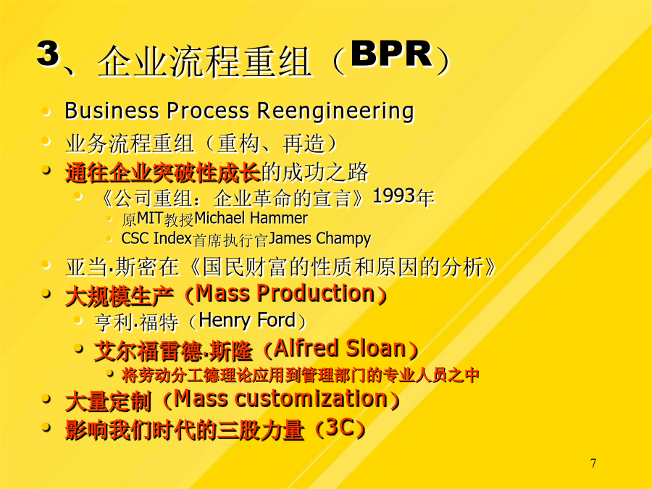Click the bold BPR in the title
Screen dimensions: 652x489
[392, 54]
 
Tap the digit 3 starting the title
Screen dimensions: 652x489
[49, 53]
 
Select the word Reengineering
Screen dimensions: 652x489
[335, 112]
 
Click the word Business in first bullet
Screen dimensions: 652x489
[112, 111]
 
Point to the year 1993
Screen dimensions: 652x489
[395, 196]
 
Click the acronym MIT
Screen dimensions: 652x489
[150, 218]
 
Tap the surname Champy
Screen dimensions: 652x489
[343, 239]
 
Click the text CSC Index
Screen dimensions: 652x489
[156, 238]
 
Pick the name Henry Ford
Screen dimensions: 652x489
[247, 320]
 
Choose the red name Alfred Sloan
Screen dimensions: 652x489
[340, 348]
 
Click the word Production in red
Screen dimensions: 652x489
[316, 293]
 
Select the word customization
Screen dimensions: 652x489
[312, 398]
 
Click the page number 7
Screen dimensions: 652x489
[593, 463]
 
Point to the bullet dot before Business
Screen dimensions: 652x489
[46, 112]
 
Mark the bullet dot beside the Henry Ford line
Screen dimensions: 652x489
[78, 319]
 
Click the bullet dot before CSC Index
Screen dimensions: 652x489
[109, 238]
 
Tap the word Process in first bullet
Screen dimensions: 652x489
[208, 111]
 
